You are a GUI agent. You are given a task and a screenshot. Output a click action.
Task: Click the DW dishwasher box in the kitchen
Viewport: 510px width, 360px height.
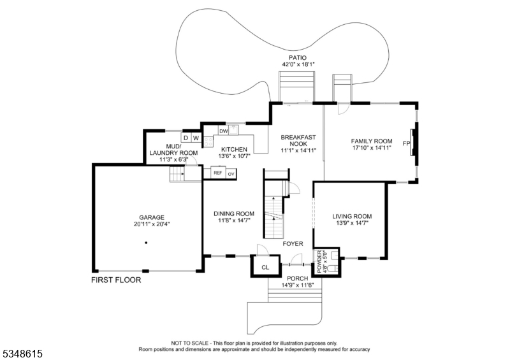pos(224,131)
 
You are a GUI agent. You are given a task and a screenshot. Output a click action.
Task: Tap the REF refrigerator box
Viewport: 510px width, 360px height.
pos(218,173)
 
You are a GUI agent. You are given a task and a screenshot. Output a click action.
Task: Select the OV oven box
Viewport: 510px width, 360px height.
pos(231,174)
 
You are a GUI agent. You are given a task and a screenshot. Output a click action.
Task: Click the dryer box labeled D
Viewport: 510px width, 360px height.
pos(186,138)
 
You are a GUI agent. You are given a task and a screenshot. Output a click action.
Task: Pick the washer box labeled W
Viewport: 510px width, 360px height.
pos(196,138)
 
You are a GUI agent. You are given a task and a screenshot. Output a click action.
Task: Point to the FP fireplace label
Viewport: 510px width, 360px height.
pos(406,143)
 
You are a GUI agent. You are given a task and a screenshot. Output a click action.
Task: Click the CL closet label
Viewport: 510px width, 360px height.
pos(265,268)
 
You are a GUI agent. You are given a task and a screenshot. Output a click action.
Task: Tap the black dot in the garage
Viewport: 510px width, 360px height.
pos(146,243)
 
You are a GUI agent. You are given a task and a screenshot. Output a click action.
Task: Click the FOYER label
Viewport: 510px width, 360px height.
pos(293,243)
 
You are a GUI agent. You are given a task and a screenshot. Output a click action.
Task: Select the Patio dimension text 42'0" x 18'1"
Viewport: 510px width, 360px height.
pos(298,64)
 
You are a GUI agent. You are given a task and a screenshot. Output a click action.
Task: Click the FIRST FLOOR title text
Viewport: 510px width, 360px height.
pos(116,280)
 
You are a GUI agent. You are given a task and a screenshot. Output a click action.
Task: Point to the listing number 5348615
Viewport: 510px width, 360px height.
pos(23,354)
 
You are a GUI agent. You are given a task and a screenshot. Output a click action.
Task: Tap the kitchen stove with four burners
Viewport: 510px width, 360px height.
pos(208,141)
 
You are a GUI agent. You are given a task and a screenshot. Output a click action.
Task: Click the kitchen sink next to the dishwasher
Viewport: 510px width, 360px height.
pos(234,131)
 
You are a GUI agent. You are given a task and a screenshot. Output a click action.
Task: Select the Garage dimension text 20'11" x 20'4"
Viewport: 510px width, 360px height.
pos(152,224)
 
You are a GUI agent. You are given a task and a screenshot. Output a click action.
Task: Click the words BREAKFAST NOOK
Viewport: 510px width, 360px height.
pos(298,140)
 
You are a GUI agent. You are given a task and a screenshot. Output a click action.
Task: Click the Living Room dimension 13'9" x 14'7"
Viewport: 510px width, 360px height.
pos(352,223)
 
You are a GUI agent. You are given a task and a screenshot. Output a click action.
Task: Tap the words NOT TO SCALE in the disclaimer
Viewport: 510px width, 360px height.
pos(190,343)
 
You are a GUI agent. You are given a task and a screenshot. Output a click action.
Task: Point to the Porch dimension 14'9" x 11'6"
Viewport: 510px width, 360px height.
pos(298,285)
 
